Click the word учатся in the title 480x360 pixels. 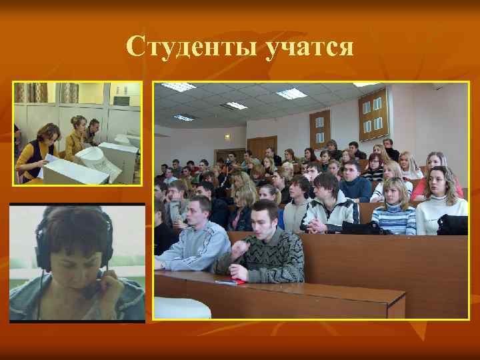click(308, 47)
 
